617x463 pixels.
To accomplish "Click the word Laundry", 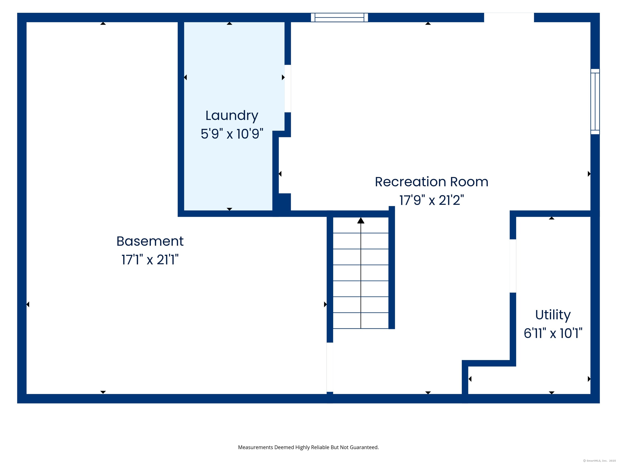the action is point(232,116).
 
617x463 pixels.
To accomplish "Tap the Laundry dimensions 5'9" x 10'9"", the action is point(232,134).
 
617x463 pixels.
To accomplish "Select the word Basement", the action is point(150,241).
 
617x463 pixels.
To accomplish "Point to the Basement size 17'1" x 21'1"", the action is point(150,260).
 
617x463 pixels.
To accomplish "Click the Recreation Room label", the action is point(431,182).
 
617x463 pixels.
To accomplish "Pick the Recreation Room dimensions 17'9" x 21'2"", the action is point(431,200).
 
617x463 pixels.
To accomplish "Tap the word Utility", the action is point(553,315).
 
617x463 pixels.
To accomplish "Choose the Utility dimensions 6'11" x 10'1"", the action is point(553,333).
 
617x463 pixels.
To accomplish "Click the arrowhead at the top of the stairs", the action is point(361,220).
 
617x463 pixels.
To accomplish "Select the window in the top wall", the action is point(339,17).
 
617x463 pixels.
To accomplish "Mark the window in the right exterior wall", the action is point(595,102).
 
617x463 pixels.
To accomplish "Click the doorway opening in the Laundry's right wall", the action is point(288,88).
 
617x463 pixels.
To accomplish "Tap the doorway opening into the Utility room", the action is point(513,266).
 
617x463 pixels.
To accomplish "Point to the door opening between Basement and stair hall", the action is point(330,367).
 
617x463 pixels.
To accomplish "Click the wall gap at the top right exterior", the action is point(509,17).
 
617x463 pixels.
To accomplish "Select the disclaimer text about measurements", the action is point(308,447).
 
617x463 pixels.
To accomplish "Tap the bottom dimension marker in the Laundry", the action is point(229,209).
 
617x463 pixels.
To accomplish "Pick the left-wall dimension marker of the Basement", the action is point(28,304).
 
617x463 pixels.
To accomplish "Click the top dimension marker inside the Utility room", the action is point(552,218).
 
